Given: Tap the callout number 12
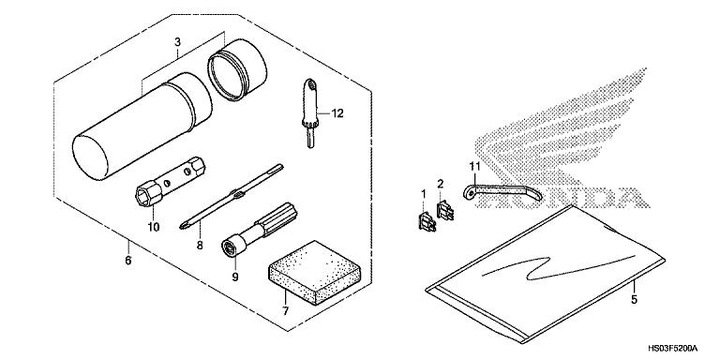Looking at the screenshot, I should point(338,113).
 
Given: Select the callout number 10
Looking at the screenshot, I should point(154,226).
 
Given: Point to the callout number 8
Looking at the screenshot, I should point(199,246).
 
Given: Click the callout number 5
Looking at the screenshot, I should point(635,301).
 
